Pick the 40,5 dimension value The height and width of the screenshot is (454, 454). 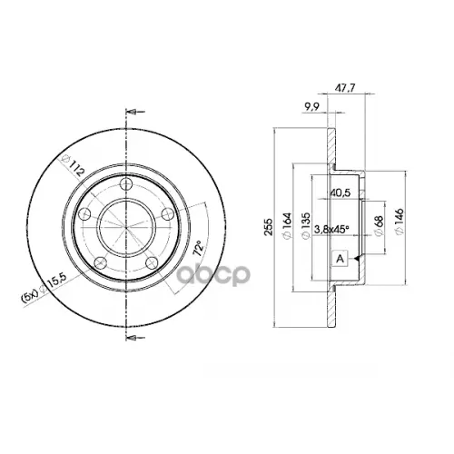click(x=342, y=192)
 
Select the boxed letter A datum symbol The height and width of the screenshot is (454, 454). click(x=340, y=259)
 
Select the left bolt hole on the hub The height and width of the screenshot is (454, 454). click(x=84, y=214)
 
